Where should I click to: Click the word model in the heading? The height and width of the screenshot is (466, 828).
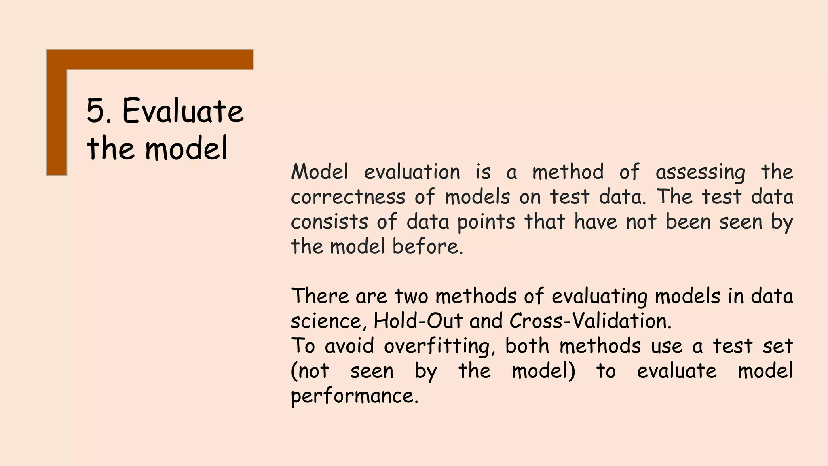[186, 148]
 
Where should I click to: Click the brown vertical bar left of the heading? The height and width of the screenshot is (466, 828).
[57, 121]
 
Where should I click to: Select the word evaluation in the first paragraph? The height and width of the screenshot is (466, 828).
[412, 172]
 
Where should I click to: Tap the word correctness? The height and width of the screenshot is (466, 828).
[348, 197]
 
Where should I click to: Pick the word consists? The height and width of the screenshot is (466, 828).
[330, 222]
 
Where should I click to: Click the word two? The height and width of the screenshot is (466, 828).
[411, 297]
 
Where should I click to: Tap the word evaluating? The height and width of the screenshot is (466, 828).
[600, 297]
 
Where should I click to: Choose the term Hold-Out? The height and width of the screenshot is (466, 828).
[418, 321]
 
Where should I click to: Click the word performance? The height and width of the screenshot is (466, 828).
[354, 396]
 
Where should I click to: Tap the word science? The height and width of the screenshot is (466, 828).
[326, 322]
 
